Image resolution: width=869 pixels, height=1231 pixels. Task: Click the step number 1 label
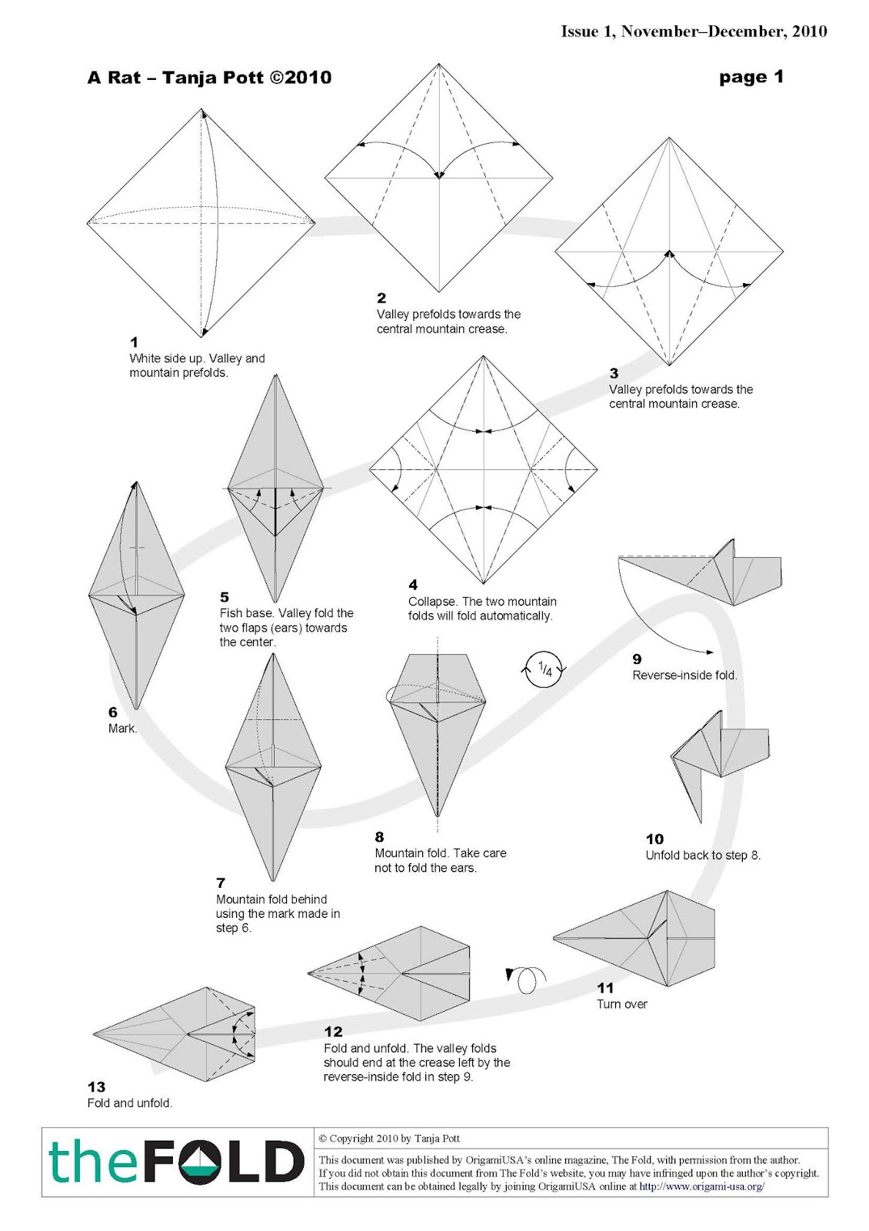134,342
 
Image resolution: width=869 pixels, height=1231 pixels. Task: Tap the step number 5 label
224,597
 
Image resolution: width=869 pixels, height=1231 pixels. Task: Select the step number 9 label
637,659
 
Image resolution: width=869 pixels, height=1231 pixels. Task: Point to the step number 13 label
96,1087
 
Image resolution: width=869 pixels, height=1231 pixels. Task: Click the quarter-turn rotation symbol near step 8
544,669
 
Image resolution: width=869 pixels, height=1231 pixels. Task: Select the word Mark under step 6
122,729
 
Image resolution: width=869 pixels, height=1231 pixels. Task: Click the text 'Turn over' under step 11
621,1004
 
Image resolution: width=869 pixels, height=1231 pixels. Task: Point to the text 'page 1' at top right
751,77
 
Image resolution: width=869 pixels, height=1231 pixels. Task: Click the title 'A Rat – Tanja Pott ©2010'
209,78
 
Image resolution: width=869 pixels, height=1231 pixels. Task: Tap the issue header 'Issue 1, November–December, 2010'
694,32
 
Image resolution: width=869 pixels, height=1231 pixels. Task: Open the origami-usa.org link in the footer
701,1186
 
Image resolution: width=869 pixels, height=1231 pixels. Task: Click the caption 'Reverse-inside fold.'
684,676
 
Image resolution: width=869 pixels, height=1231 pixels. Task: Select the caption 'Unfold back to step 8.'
702,856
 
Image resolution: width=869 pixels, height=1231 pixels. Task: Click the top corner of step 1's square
202,109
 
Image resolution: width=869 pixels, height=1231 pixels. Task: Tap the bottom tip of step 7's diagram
272,879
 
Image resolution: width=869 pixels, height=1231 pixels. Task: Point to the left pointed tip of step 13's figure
94,1034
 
